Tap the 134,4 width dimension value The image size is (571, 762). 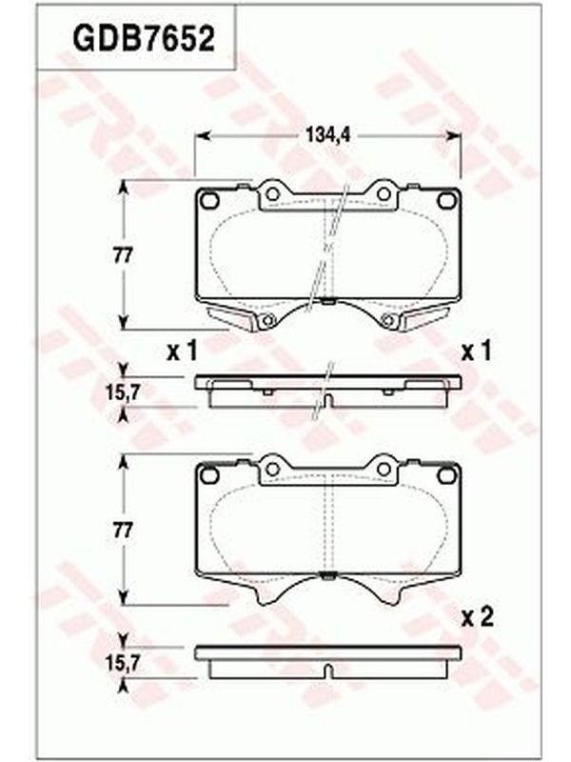pyautogui.click(x=327, y=134)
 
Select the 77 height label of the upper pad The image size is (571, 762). pyautogui.click(x=123, y=255)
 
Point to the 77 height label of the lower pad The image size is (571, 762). pyautogui.click(x=123, y=531)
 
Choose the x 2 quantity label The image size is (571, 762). pyautogui.click(x=477, y=617)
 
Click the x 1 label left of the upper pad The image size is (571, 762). pyautogui.click(x=182, y=351)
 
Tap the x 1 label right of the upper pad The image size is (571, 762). pyautogui.click(x=477, y=351)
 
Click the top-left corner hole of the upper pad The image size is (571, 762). pyautogui.click(x=209, y=200)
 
